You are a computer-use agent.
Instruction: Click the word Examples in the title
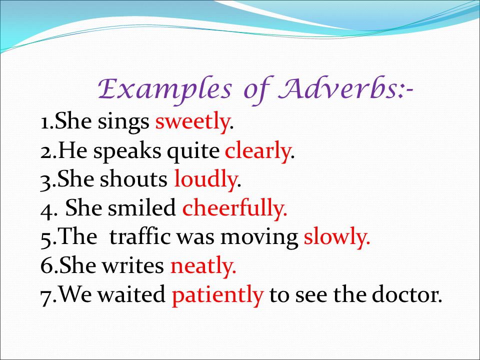point(164,89)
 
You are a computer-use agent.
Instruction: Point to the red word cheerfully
point(233,208)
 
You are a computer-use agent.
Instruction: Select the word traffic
point(140,236)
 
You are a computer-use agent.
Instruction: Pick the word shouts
point(134,179)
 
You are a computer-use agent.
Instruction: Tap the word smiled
point(142,208)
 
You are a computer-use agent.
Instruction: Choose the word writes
point(133,265)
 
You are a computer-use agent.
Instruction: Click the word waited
point(132,294)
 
